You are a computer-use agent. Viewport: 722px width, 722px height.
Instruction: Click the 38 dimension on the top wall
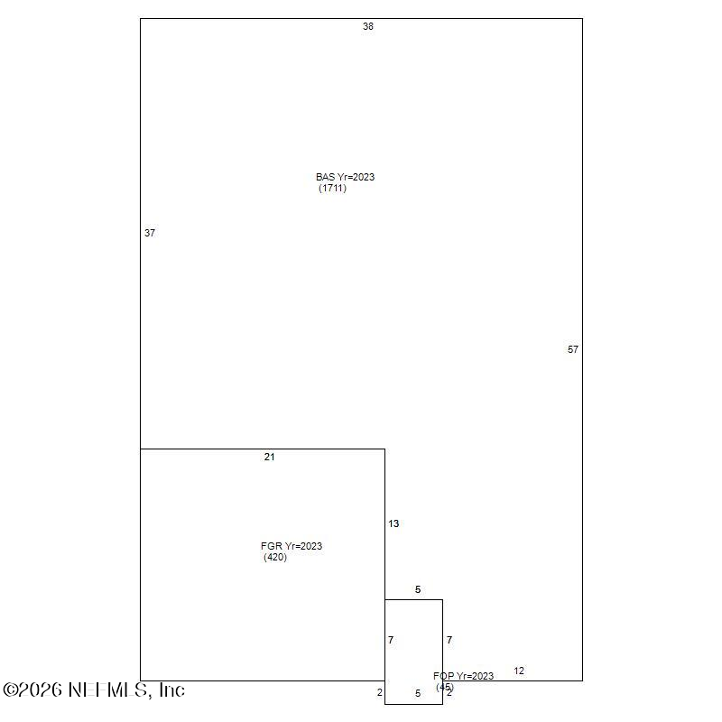point(368,27)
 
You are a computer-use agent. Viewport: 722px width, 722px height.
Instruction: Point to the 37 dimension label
point(150,233)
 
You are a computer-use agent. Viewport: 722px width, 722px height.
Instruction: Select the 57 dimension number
point(573,349)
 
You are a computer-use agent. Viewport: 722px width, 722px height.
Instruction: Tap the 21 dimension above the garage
point(269,457)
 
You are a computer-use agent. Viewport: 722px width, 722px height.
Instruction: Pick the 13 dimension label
point(393,523)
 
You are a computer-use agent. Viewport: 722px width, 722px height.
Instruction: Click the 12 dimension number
point(519,671)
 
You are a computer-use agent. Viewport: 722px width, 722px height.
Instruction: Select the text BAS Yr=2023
point(345,177)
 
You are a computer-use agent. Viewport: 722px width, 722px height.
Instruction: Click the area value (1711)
point(332,188)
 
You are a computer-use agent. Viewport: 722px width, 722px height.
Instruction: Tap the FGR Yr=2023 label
point(291,546)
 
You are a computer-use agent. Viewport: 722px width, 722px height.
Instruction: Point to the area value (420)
point(275,557)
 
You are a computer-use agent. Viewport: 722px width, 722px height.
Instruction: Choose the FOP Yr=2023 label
point(463,676)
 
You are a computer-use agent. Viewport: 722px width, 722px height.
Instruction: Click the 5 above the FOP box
point(418,589)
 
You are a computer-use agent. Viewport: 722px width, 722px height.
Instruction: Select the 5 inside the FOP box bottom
point(418,693)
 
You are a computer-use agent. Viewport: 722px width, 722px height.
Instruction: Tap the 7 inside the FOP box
point(391,640)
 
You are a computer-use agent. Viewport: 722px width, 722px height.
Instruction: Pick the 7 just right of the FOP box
point(449,640)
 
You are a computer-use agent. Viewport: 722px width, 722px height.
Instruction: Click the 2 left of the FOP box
point(380,693)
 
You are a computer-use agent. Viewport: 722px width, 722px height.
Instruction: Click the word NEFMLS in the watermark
point(107,690)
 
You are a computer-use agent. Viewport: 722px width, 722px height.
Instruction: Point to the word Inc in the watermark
point(172,690)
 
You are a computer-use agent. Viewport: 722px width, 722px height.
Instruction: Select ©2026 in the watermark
point(32,690)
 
